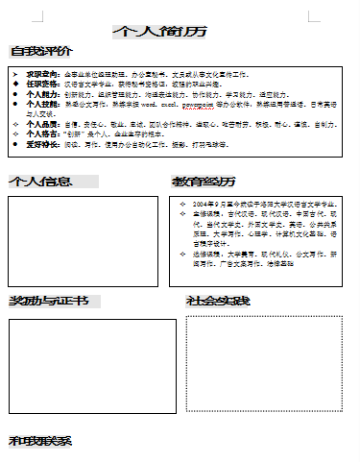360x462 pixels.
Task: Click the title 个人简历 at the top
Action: [x=159, y=31]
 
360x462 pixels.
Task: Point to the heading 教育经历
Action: [x=204, y=182]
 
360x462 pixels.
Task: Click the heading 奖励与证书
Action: [x=48, y=302]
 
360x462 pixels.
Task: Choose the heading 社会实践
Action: [x=218, y=302]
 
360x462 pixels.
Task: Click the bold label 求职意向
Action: [x=39, y=74]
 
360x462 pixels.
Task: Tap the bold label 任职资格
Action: [x=39, y=85]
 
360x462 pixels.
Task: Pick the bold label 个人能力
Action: [x=39, y=95]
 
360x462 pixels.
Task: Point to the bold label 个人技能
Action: [x=39, y=105]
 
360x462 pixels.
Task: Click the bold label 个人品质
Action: [x=39, y=125]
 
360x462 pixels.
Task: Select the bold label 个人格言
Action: [x=39, y=135]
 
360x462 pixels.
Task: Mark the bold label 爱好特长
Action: [x=39, y=146]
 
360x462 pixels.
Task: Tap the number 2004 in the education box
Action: [x=200, y=205]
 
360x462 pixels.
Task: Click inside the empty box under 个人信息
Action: [x=83, y=241]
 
